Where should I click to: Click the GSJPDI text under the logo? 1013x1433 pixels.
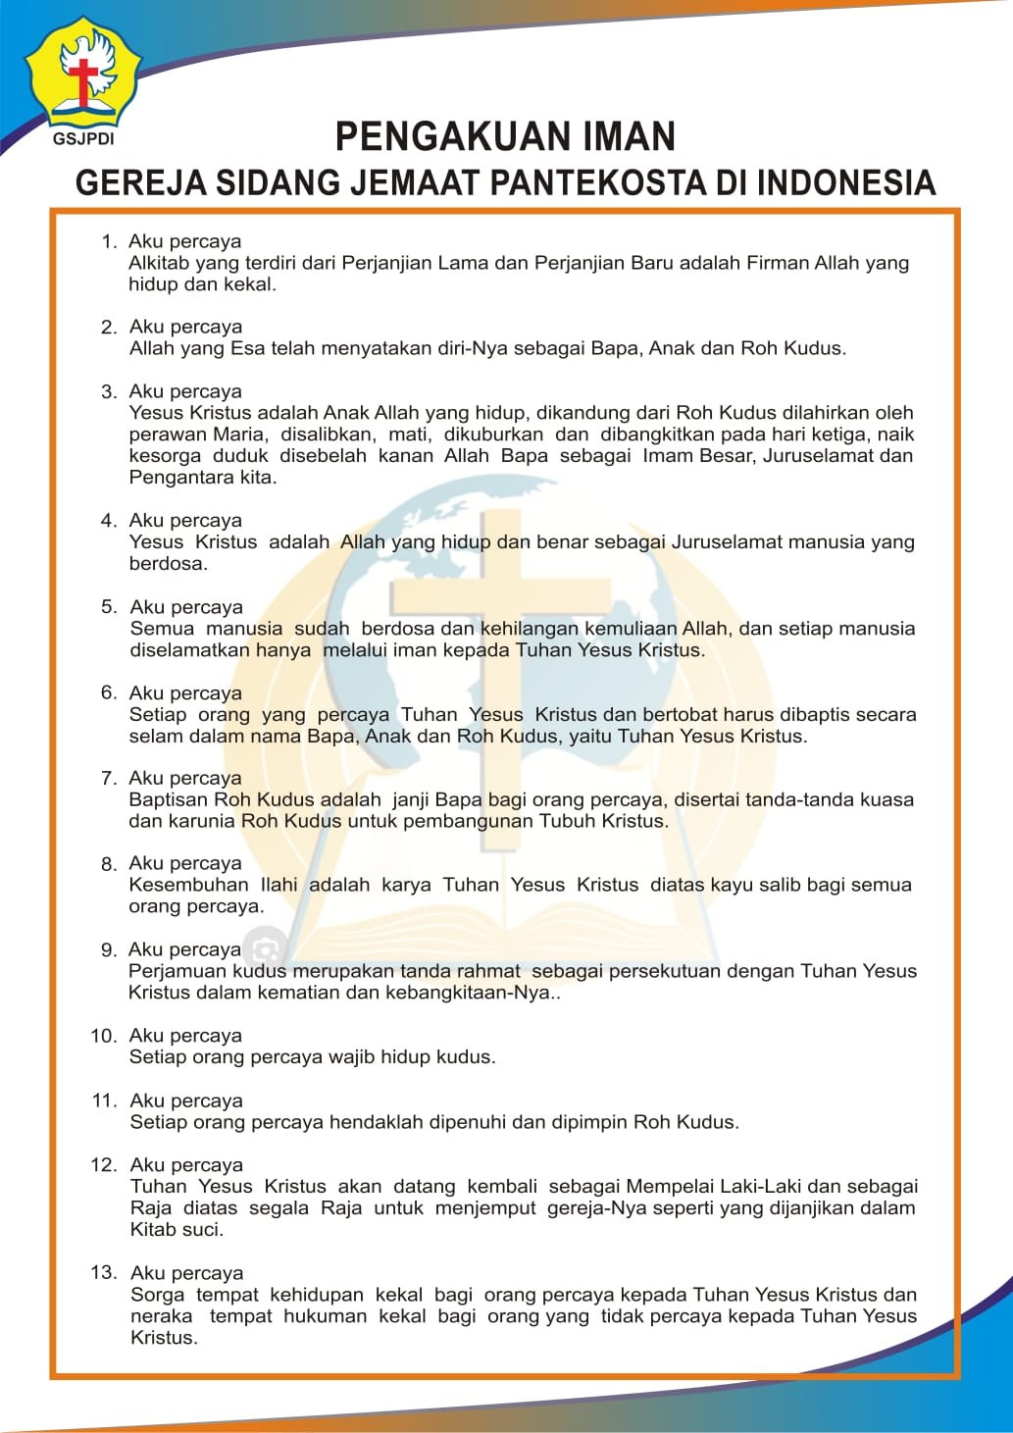click(83, 139)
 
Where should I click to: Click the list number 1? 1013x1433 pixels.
click(109, 242)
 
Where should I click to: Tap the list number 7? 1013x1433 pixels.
click(109, 779)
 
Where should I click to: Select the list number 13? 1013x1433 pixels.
click(103, 1273)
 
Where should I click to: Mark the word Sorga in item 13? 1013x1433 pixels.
click(157, 1295)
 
